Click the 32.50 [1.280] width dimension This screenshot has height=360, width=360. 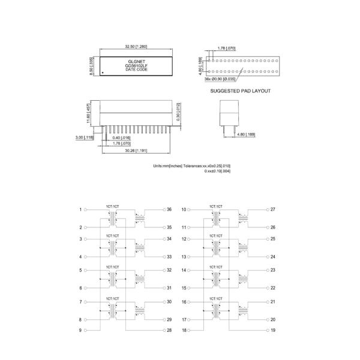click(x=136, y=46)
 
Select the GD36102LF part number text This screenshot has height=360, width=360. click(x=136, y=65)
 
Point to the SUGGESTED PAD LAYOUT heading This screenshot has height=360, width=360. click(x=240, y=91)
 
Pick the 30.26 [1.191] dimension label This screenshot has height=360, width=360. click(x=137, y=151)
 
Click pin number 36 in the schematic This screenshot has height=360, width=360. click(x=169, y=209)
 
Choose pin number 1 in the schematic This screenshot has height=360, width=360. click(x=80, y=209)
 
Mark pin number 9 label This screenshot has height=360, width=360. click(x=80, y=330)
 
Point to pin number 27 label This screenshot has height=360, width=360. click(x=272, y=209)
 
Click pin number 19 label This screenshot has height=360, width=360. click(x=272, y=330)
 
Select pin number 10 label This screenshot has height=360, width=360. click(x=184, y=209)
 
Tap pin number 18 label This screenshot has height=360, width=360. click(x=184, y=330)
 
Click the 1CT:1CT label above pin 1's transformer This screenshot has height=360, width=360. click(x=112, y=206)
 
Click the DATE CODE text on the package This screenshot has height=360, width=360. click(x=136, y=70)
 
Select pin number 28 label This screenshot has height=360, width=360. click(x=169, y=330)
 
